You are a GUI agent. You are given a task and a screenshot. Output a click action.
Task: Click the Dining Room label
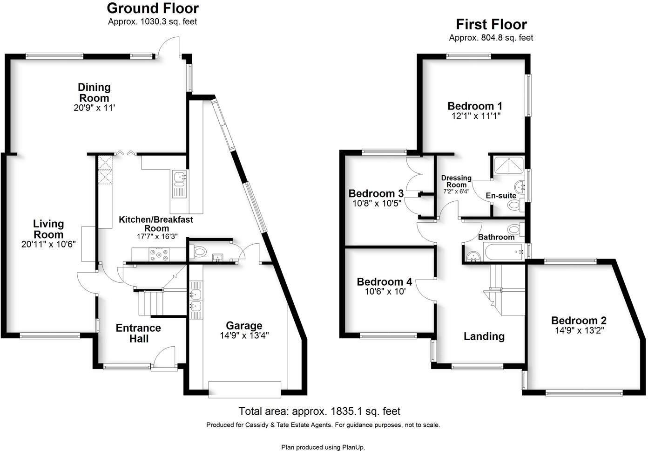pyautogui.click(x=94, y=92)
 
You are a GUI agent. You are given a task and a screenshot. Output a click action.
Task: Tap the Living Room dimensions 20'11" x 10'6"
pyautogui.click(x=48, y=244)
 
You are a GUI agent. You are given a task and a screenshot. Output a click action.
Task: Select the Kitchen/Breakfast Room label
pyautogui.click(x=156, y=224)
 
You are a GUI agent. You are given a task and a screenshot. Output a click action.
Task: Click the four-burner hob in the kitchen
pyautogui.click(x=159, y=254)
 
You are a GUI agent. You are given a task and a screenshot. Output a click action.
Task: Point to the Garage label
pyautogui.click(x=244, y=326)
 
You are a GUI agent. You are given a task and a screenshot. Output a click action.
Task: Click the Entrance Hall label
pyautogui.click(x=138, y=333)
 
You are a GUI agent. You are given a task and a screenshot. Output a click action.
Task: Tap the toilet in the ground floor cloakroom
pyautogui.click(x=200, y=252)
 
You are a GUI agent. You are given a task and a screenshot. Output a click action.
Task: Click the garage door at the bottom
pyautogui.click(x=245, y=389)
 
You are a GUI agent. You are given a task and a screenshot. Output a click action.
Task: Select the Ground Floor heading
pyautogui.click(x=153, y=8)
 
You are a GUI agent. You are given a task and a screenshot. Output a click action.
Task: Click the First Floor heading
pyautogui.click(x=491, y=24)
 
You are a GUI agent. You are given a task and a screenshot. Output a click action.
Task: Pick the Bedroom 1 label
pyautogui.click(x=475, y=106)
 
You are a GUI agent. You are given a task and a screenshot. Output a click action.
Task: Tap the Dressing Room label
pyautogui.click(x=456, y=181)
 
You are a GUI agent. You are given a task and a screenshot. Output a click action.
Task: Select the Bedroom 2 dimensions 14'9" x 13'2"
pyautogui.click(x=579, y=331)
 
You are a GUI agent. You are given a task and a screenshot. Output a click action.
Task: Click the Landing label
pyautogui.click(x=484, y=336)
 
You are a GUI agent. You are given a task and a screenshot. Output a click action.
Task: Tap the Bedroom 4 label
pyautogui.click(x=384, y=282)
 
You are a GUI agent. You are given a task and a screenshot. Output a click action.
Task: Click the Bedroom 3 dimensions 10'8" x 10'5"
pyautogui.click(x=376, y=203)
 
